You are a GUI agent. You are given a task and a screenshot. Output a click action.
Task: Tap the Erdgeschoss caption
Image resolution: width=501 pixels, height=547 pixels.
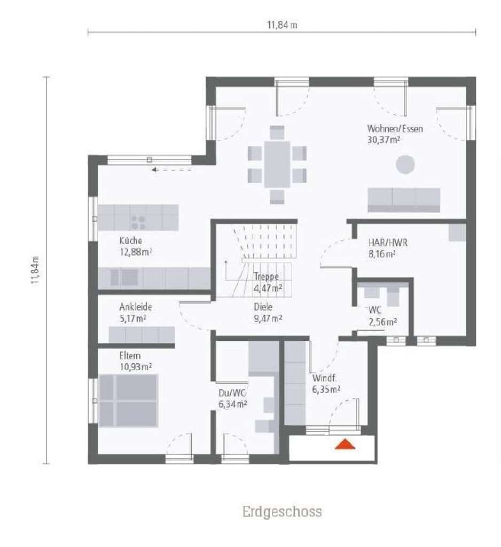[x=282, y=512]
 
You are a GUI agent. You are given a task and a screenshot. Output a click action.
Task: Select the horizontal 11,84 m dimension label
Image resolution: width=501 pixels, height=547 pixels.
[x=282, y=25]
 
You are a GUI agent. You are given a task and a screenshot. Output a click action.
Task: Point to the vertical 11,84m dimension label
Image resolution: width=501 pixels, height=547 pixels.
[x=35, y=270]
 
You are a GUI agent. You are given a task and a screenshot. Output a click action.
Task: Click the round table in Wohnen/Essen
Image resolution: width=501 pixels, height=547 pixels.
[x=405, y=164]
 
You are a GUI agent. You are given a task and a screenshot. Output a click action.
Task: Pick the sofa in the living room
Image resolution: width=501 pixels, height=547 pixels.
[x=404, y=200]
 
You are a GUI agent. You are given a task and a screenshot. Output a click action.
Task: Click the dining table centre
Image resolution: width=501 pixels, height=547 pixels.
[x=277, y=165]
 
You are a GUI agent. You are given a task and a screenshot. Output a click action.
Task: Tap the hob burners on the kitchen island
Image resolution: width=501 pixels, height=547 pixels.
[x=138, y=222]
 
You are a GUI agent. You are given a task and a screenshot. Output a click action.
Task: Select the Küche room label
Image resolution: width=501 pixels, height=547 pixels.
[x=131, y=241]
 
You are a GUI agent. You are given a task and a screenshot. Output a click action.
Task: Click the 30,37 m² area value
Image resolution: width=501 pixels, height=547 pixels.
[x=383, y=140]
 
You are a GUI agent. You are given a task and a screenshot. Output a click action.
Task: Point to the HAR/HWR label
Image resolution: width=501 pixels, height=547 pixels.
[x=388, y=243]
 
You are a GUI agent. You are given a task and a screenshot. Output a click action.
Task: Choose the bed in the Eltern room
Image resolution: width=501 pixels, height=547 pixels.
[x=128, y=401]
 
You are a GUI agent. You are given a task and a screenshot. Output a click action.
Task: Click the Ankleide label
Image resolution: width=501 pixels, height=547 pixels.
[x=135, y=307]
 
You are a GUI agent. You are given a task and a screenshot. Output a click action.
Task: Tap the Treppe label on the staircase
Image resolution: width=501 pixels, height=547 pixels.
[x=266, y=277]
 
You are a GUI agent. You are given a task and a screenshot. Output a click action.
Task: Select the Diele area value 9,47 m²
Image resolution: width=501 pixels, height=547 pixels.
[x=268, y=318]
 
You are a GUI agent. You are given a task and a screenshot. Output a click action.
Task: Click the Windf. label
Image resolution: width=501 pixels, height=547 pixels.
[x=324, y=378]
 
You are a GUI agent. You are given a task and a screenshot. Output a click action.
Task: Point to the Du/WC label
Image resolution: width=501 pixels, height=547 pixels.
[x=232, y=393]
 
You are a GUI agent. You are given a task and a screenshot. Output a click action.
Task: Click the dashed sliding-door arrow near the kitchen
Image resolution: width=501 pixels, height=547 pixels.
[x=171, y=170]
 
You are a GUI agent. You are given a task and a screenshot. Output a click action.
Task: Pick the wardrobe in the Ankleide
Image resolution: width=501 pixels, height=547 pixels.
[x=142, y=335]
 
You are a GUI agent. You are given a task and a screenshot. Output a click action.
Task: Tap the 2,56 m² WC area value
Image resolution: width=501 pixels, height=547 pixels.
[x=383, y=322]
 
